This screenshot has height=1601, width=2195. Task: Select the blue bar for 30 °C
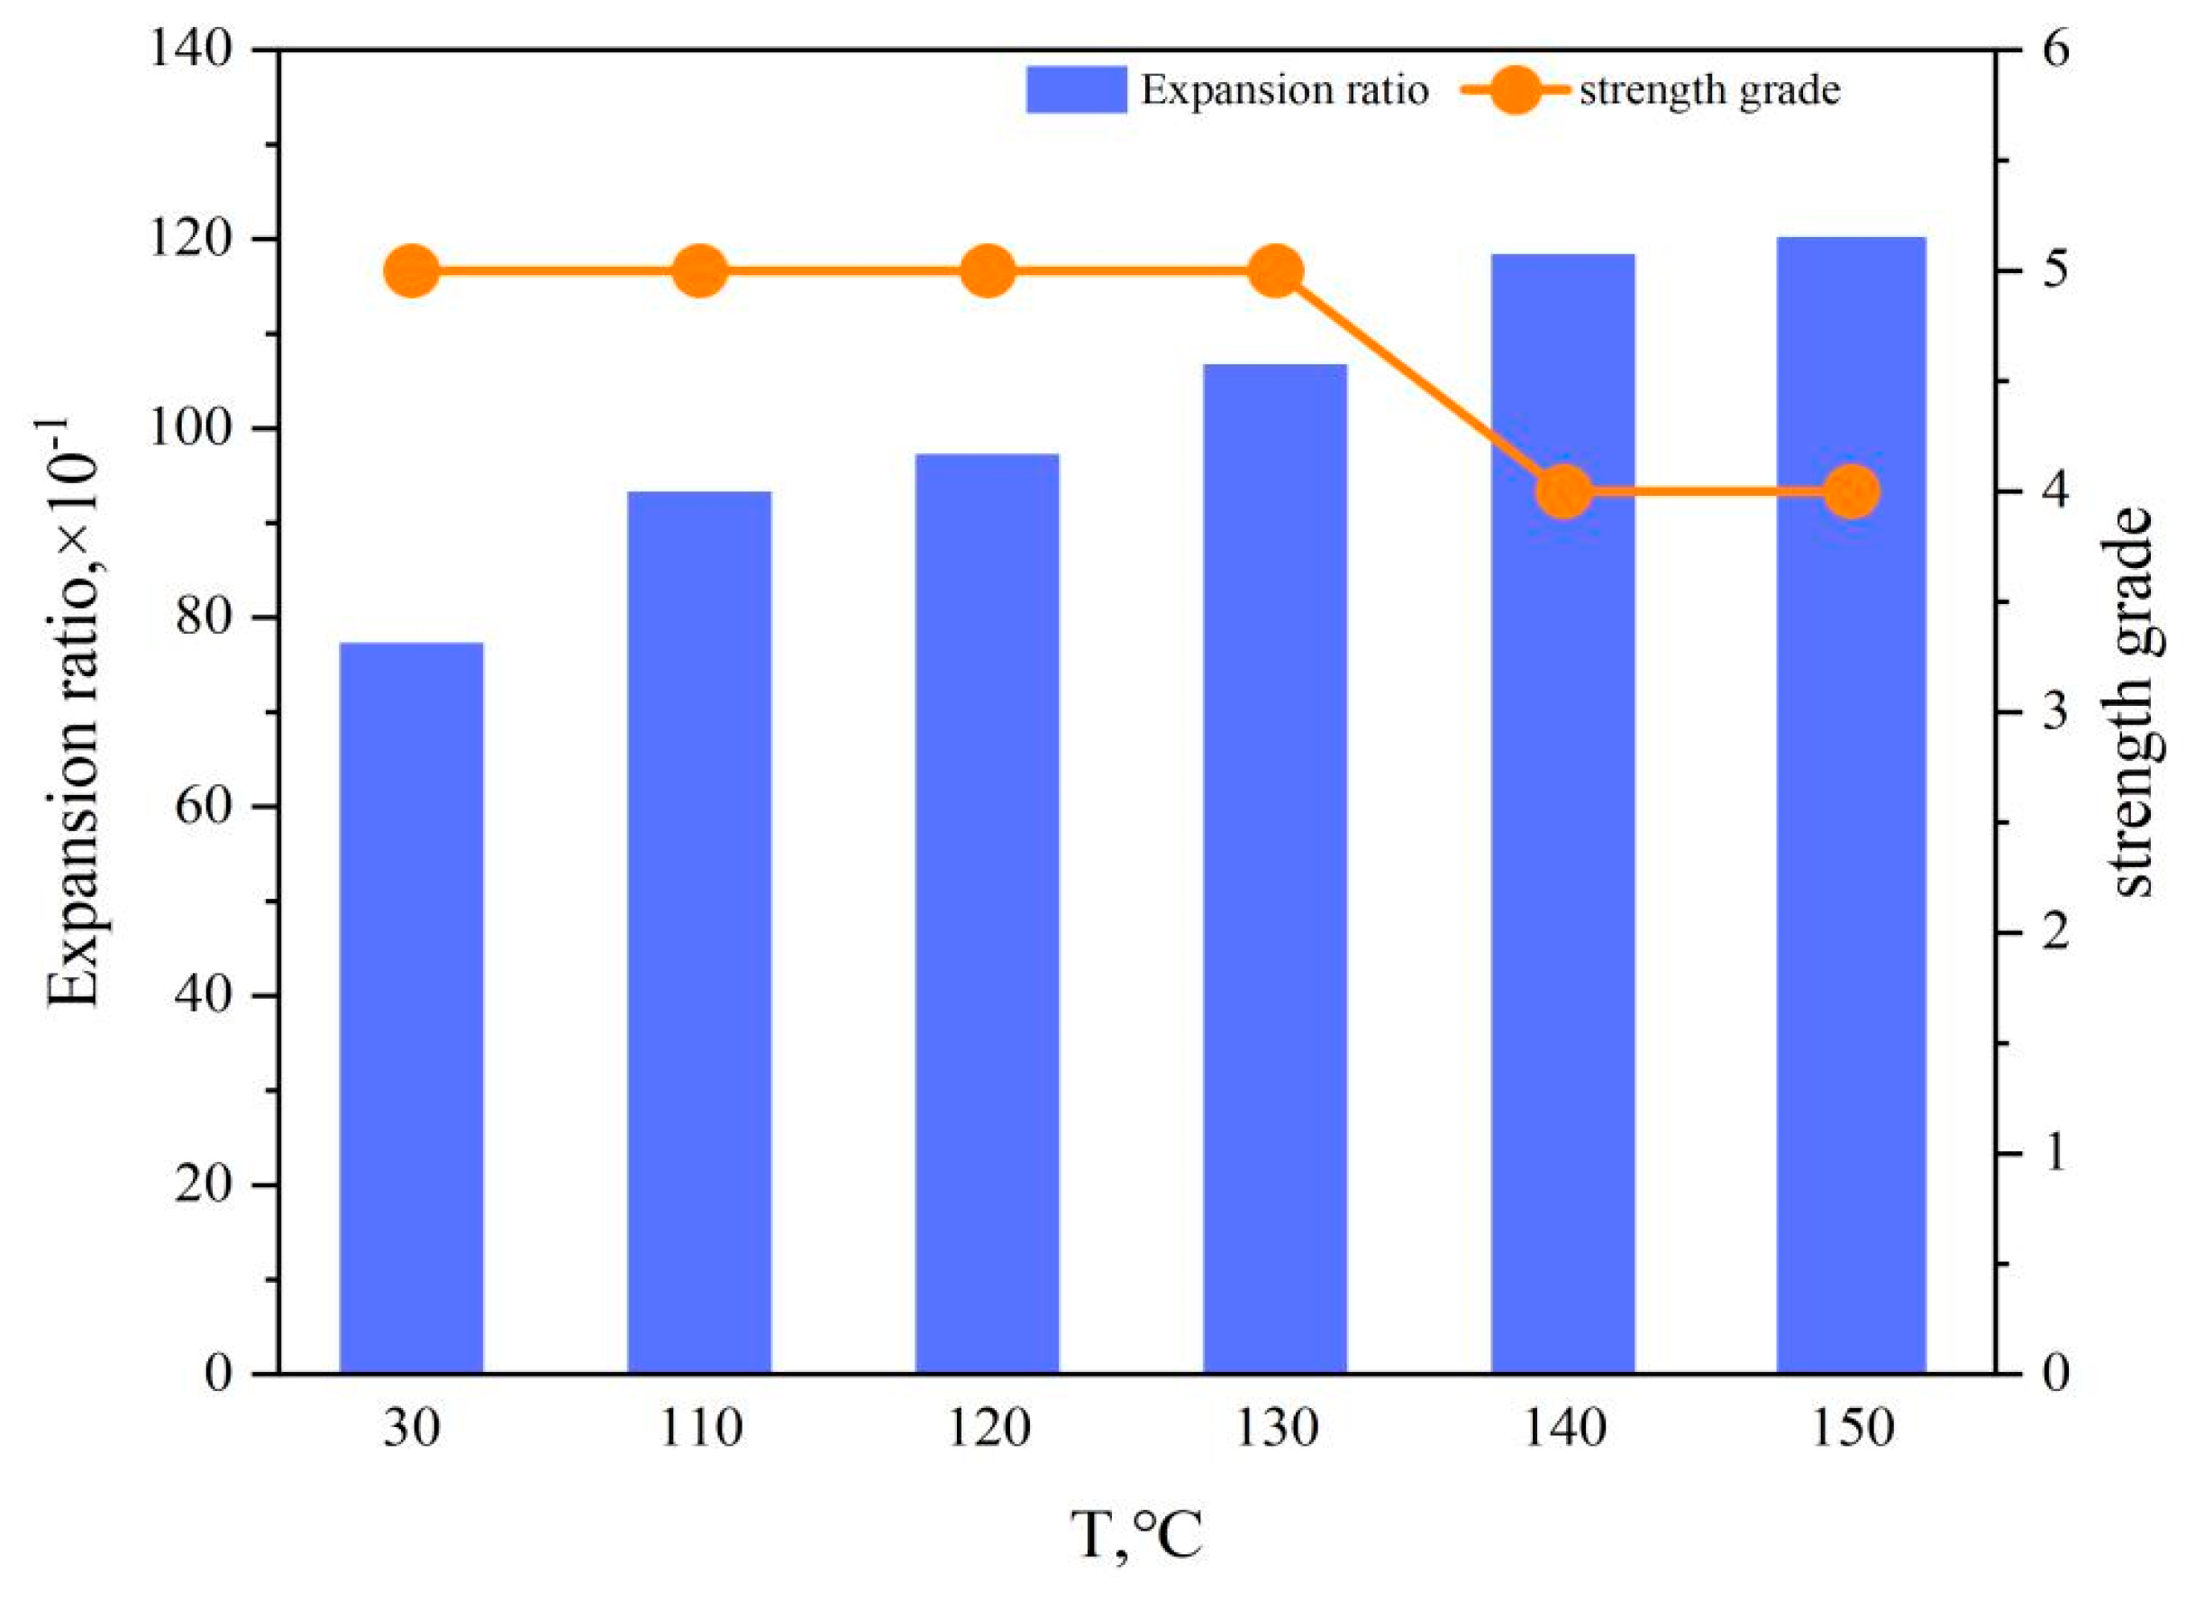point(411,1008)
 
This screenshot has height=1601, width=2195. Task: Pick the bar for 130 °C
point(1275,868)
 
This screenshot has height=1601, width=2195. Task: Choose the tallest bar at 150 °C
point(1850,804)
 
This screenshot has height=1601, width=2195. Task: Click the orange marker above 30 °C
point(411,272)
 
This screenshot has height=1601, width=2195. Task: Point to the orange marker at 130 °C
point(1275,272)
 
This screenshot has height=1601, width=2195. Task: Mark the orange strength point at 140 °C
point(1563,492)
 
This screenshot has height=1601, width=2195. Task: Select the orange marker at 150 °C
point(1851,492)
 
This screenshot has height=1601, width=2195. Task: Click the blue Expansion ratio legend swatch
point(1075,90)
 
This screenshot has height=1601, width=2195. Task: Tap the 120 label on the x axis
point(987,1431)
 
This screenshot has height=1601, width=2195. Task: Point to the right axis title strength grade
point(2131,702)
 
